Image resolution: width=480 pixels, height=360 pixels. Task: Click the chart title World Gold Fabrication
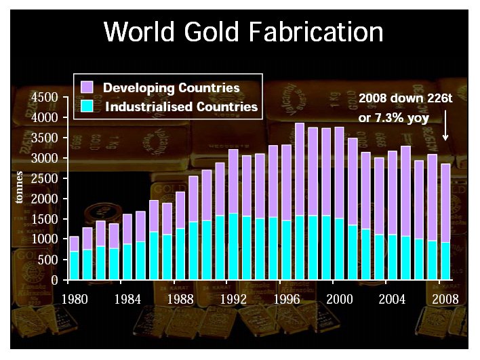click(243, 31)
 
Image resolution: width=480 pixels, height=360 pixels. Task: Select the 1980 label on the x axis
click(75, 298)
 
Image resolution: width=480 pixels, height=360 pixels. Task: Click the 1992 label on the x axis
click(233, 298)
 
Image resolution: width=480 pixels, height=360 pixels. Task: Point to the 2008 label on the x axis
click(445, 298)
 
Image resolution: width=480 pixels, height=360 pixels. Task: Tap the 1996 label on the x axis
click(285, 298)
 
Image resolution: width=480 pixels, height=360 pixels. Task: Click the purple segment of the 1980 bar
click(75, 244)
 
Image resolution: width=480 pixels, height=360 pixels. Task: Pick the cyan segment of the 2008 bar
click(445, 261)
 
